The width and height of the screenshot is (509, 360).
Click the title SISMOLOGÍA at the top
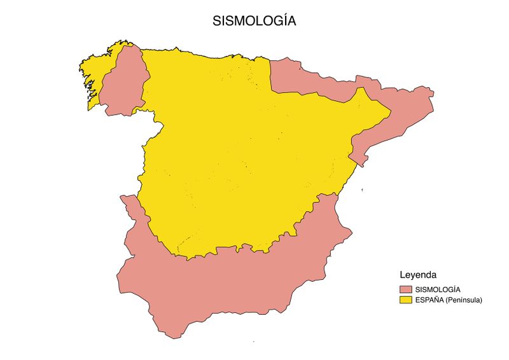click(x=254, y=21)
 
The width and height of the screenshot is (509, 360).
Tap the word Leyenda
click(x=417, y=275)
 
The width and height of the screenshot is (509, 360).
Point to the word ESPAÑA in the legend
click(x=429, y=299)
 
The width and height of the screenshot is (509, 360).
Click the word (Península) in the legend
click(x=464, y=299)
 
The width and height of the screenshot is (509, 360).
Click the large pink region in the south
click(x=242, y=280)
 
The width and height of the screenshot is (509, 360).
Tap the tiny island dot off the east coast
click(x=361, y=190)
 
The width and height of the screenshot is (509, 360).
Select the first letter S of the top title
click(x=217, y=21)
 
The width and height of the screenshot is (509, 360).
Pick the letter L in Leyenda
click(x=402, y=275)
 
